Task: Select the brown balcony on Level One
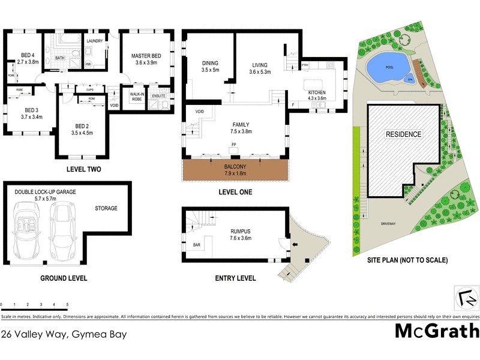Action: coord(234,170)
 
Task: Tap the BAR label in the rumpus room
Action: coord(196,245)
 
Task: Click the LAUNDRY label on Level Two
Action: coord(95,41)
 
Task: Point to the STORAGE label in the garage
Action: coord(106,208)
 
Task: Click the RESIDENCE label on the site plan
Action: coord(403,134)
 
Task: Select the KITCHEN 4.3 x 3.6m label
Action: coord(317,95)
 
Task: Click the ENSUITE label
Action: coord(159,95)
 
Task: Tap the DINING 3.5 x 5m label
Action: coord(210,66)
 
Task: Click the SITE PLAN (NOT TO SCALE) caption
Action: coord(407,260)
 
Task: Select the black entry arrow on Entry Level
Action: coord(295,245)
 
